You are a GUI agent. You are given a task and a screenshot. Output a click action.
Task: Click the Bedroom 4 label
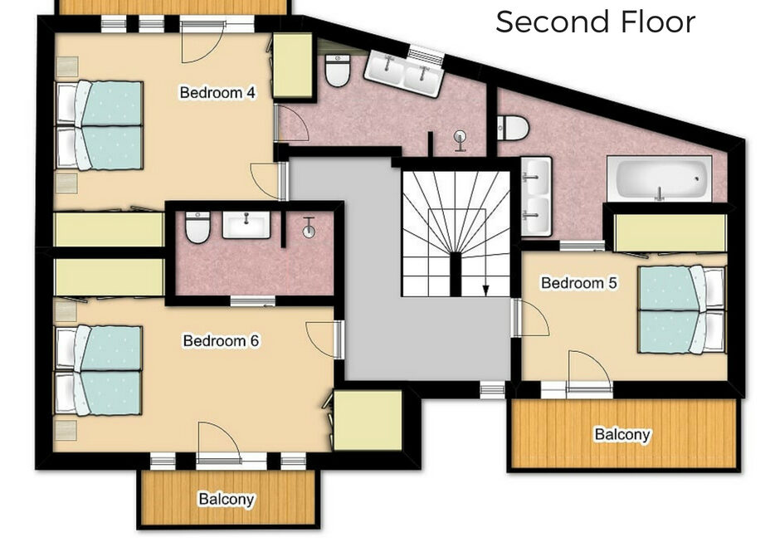click(x=217, y=93)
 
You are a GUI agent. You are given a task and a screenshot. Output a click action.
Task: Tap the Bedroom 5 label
click(x=578, y=283)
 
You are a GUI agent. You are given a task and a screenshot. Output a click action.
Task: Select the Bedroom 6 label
click(x=221, y=340)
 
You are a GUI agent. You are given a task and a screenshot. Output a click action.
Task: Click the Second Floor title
click(x=596, y=22)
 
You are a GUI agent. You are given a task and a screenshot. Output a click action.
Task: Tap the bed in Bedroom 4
click(x=99, y=125)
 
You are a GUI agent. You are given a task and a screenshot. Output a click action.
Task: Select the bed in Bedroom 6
click(x=99, y=371)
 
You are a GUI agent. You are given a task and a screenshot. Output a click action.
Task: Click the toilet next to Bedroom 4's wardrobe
click(x=337, y=71)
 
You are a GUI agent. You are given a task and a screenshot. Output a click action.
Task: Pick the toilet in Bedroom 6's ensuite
click(x=197, y=227)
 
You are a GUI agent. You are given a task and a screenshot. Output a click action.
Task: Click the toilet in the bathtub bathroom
click(x=512, y=128)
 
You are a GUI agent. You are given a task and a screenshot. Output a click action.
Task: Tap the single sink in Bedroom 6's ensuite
click(x=246, y=225)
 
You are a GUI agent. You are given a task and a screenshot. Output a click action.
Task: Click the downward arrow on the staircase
click(x=485, y=290)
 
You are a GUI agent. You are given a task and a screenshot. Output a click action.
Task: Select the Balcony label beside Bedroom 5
click(x=622, y=434)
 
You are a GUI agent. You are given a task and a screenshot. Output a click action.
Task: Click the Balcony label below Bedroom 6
click(x=227, y=499)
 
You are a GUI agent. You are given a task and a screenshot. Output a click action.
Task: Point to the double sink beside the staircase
click(x=536, y=197)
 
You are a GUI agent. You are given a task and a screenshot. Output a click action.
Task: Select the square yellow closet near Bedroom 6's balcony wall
click(x=368, y=421)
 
